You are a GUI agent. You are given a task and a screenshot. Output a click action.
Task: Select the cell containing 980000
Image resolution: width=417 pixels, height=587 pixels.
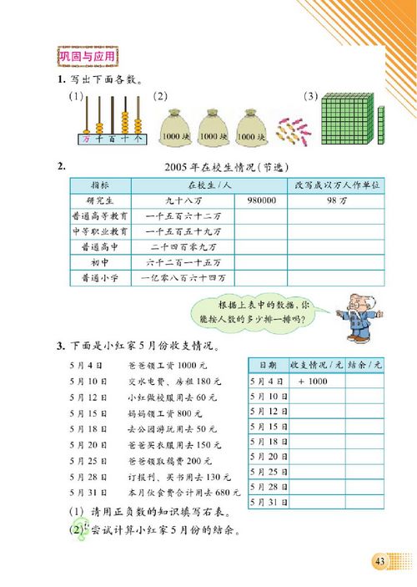[260, 200]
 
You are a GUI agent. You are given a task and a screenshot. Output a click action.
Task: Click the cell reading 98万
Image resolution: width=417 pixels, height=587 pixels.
[335, 200]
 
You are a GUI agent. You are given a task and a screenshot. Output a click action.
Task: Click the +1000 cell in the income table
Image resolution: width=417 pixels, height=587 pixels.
[309, 381]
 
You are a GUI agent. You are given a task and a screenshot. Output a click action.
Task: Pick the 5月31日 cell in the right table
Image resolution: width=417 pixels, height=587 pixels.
[269, 502]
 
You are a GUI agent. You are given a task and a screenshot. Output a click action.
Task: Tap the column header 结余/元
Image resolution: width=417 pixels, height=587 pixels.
[364, 365]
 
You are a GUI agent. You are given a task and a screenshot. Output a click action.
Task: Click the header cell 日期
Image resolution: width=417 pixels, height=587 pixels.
[269, 365]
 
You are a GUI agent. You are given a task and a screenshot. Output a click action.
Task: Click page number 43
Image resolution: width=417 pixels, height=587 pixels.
[379, 559]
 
